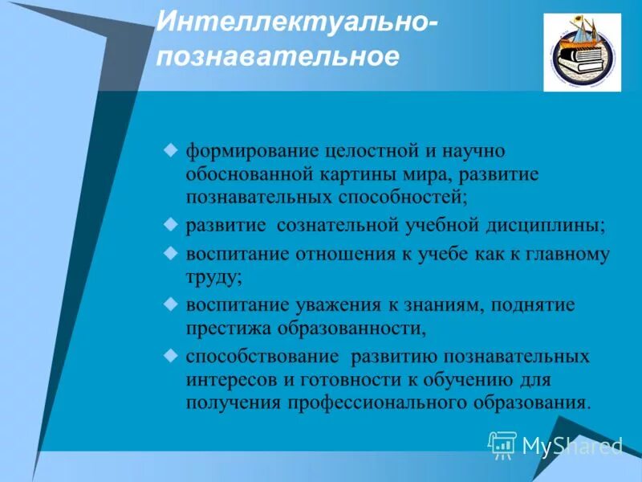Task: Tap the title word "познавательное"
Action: pos(276,58)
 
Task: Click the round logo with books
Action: pos(581,52)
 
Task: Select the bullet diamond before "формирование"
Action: pos(169,149)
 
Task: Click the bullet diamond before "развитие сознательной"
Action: pos(169,224)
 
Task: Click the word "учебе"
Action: pos(431,255)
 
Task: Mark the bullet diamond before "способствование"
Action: pos(169,354)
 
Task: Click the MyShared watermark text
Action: pos(571,445)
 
